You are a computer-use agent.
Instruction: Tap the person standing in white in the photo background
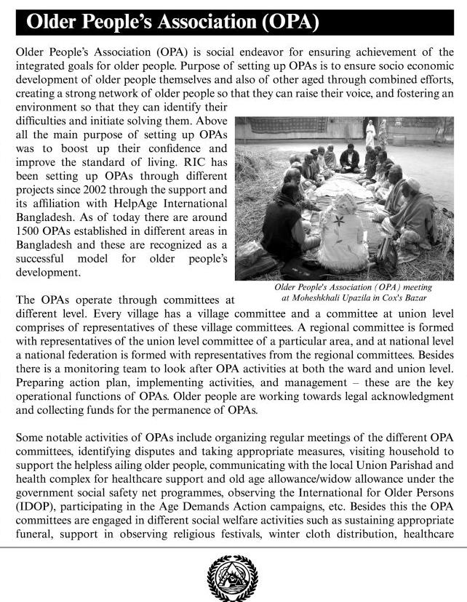(x=370, y=133)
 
